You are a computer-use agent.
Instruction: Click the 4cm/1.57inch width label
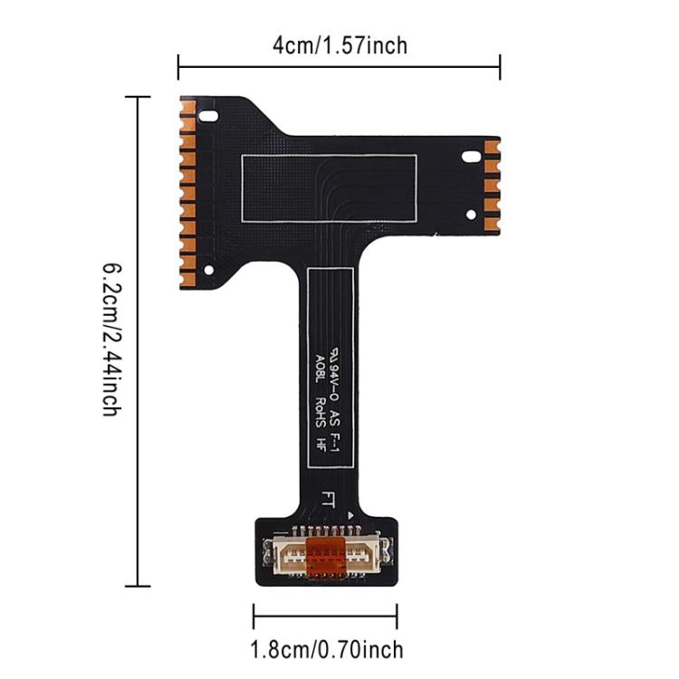click(339, 44)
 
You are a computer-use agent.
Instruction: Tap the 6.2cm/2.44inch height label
click(110, 339)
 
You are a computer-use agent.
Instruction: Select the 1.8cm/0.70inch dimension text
click(325, 648)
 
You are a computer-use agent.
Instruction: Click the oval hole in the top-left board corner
click(209, 117)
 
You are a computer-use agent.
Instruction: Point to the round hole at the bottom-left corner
click(209, 269)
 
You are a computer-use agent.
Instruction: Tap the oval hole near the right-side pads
click(470, 157)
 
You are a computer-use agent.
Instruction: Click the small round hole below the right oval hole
click(470, 215)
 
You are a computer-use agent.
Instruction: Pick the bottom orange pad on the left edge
click(187, 277)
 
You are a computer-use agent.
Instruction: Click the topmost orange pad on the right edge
click(492, 147)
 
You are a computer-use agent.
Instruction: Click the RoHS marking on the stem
click(320, 408)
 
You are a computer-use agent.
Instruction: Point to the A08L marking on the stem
click(320, 365)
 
